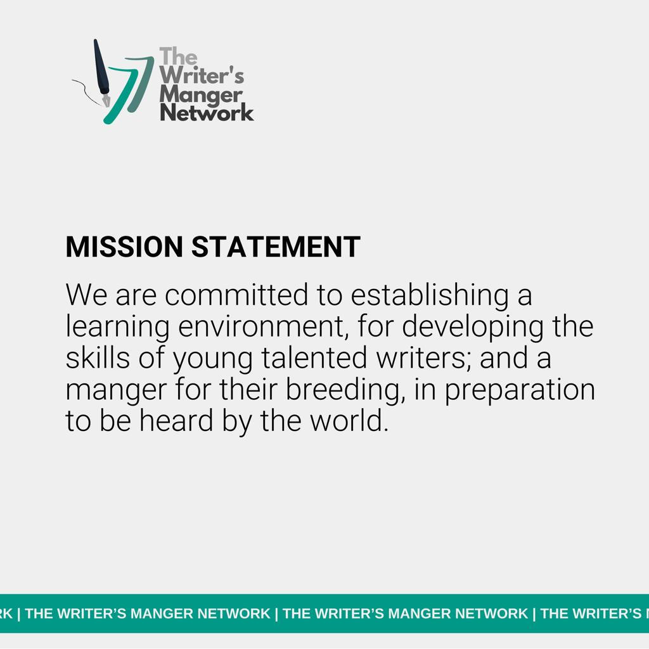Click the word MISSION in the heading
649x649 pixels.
[124, 247]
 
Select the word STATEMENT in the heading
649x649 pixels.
[276, 247]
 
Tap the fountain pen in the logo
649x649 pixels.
[101, 73]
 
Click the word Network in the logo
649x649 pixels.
[207, 113]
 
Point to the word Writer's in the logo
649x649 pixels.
[202, 75]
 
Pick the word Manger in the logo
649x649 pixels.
[200, 95]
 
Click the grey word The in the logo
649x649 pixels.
[178, 56]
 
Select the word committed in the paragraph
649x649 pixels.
[236, 295]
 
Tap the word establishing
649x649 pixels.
[430, 295]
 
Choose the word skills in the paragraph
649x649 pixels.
[98, 357]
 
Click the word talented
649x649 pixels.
[314, 357]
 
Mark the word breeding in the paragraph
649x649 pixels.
[343, 390]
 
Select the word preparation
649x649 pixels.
[520, 390]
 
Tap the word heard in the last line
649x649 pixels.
[176, 421]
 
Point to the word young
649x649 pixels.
[213, 359]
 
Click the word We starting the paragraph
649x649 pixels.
[86, 295]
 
